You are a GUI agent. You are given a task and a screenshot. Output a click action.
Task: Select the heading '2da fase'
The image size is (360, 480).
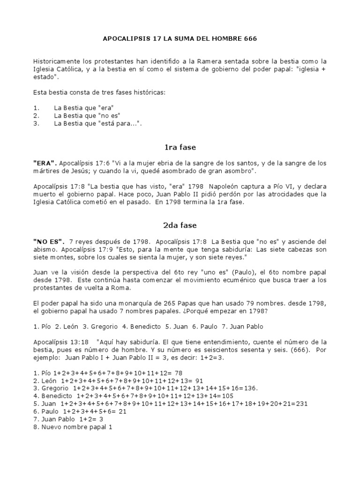pos(180,225)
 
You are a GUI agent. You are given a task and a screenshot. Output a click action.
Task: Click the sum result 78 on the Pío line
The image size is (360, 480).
pos(178,373)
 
